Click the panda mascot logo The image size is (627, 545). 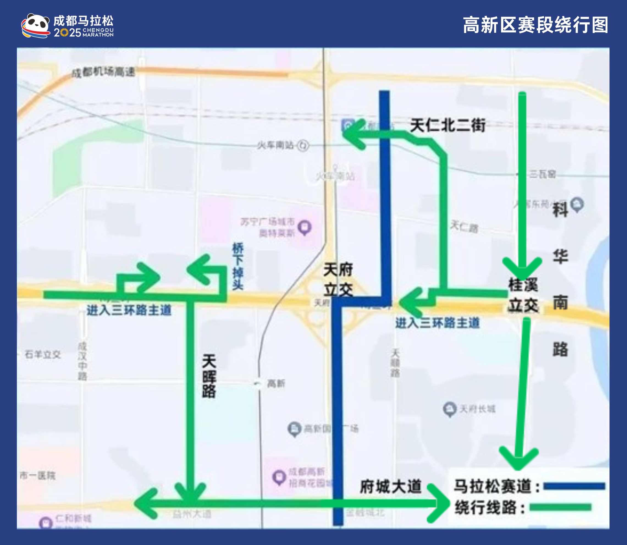(x=35, y=26)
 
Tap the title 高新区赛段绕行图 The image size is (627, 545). (x=535, y=25)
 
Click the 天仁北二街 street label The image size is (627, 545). (x=448, y=125)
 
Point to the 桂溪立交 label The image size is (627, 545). (x=523, y=295)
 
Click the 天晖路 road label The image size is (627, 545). (x=209, y=376)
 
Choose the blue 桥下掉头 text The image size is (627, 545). (x=238, y=266)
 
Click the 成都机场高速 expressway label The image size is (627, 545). (x=103, y=72)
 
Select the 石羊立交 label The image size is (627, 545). (x=43, y=354)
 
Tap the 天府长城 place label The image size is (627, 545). (x=477, y=409)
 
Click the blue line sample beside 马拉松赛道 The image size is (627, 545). (x=574, y=486)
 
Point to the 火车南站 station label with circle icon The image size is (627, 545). (x=283, y=145)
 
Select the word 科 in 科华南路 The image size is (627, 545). (x=560, y=210)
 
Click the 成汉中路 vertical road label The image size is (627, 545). (x=82, y=361)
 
